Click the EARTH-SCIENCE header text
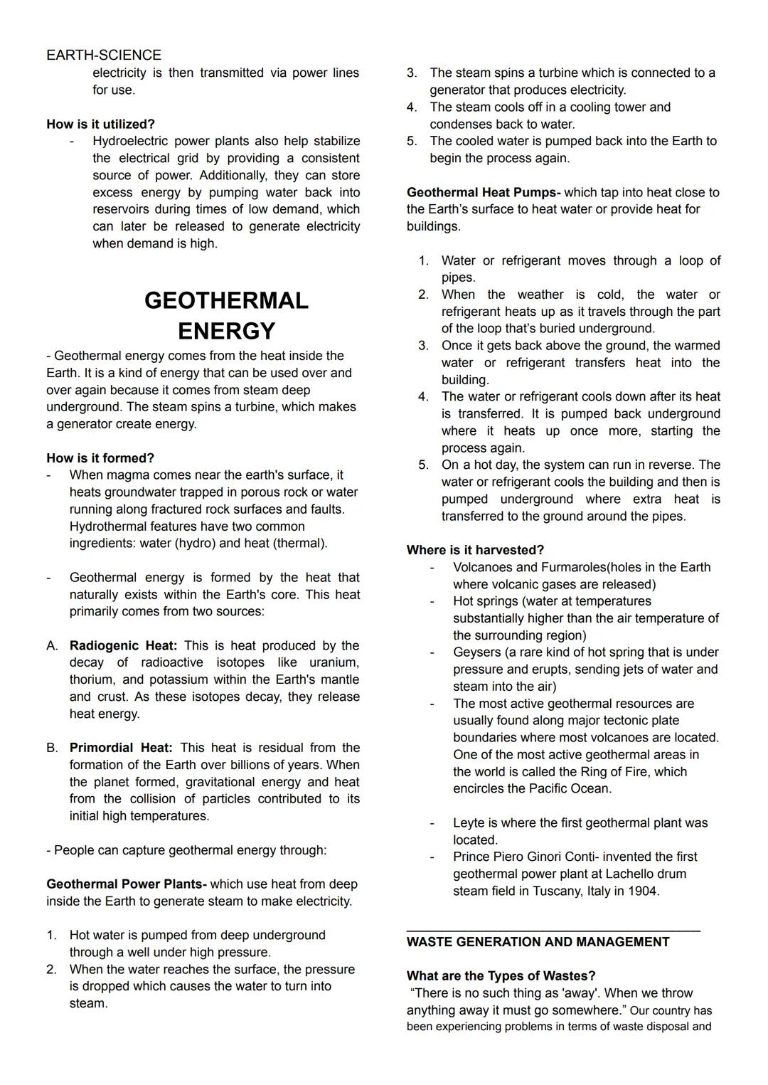[104, 55]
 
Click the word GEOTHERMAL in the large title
[226, 300]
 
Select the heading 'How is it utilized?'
[100, 124]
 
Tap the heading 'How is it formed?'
[100, 458]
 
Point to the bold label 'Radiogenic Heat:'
[123, 646]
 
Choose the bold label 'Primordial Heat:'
[121, 748]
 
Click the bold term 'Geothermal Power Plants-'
[127, 884]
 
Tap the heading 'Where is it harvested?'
[475, 550]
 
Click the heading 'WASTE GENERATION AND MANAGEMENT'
[538, 942]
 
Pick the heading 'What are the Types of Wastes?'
[501, 976]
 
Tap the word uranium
[334, 663]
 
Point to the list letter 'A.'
[53, 646]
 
